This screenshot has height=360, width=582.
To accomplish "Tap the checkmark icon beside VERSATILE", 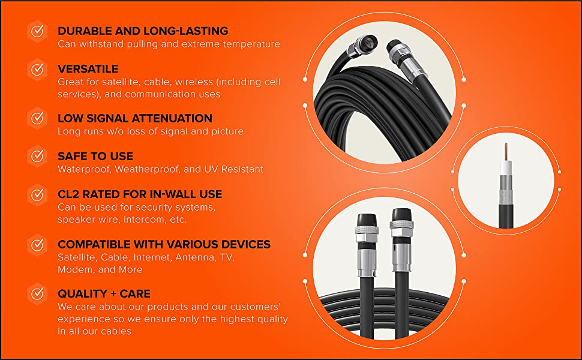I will [37, 70].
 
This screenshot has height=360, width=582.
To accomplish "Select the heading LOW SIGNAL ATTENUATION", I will [135, 118].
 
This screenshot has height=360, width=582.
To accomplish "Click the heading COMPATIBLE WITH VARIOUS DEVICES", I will [164, 244].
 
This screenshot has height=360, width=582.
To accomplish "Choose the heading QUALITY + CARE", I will [104, 293].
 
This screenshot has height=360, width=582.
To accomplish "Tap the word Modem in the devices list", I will [75, 269].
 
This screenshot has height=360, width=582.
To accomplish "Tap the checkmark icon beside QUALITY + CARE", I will [37, 294].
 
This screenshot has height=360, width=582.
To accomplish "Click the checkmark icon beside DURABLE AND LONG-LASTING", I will [37, 31].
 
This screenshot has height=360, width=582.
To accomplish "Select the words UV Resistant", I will [235, 169].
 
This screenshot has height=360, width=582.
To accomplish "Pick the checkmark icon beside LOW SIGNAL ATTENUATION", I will [37, 119].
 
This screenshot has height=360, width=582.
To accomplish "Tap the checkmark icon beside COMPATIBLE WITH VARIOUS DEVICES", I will [37, 245].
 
